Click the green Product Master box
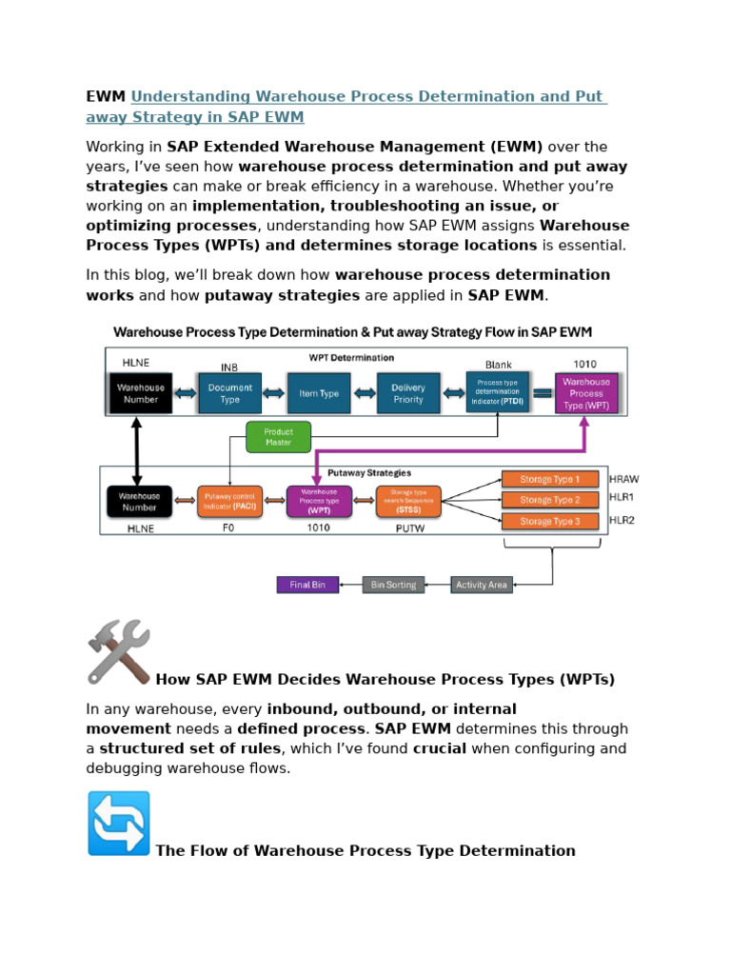[278, 437]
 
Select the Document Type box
[229, 393]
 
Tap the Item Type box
[319, 393]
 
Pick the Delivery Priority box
[408, 393]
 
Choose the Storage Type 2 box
[550, 500]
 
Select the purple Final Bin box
[307, 585]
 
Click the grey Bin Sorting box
[393, 585]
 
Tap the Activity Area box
[482, 585]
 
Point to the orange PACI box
[229, 501]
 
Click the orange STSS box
[407, 501]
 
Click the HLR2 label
[622, 521]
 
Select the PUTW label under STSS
[407, 528]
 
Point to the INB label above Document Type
[229, 367]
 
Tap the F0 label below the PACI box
[228, 528]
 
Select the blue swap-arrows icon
[119, 823]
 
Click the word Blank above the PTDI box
[498, 365]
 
